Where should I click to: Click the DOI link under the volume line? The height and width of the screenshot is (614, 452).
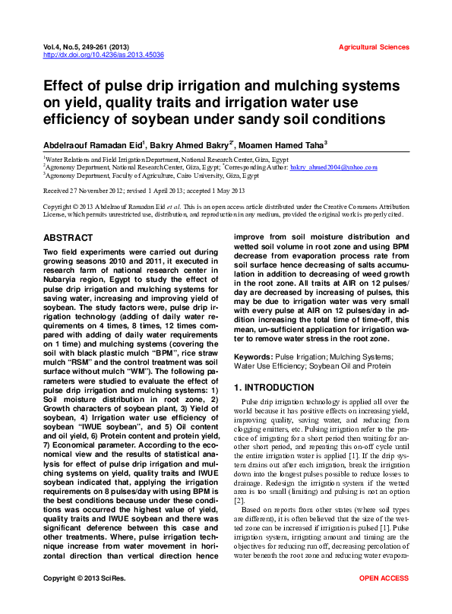[103, 55]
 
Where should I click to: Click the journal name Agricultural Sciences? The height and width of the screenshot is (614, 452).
[374, 47]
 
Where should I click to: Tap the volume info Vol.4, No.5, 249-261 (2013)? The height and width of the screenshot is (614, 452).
[91, 47]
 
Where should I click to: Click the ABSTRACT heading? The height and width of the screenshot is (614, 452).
[68, 238]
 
